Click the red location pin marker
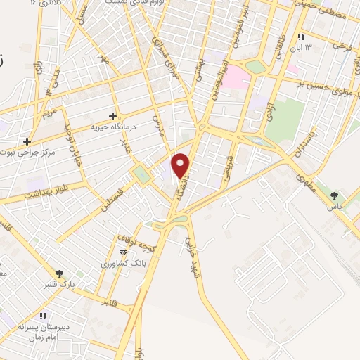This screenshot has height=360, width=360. point(181,165)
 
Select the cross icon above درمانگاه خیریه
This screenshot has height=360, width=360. point(112,115)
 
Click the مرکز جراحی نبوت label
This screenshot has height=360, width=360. point(26,153)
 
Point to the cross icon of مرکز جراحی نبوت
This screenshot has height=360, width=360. point(27,141)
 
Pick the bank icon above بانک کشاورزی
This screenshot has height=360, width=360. point(123,252)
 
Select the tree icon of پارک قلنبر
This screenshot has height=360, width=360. point(59,274)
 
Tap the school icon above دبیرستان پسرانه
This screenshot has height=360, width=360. point(42,316)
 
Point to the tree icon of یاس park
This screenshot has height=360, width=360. point(334,196)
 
